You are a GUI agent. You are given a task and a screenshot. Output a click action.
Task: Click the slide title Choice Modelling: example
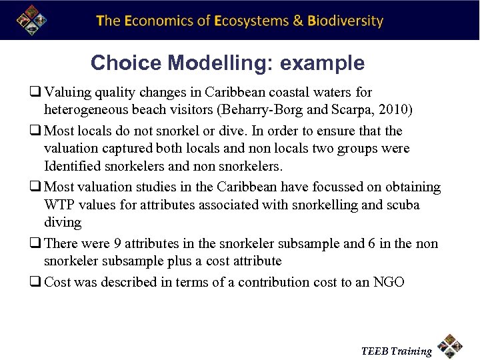[227, 63]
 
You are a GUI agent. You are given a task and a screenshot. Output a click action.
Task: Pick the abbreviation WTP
[58, 205]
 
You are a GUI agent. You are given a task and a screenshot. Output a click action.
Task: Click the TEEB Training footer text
[396, 351]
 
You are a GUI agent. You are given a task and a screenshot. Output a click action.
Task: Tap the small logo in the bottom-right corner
[451, 347]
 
